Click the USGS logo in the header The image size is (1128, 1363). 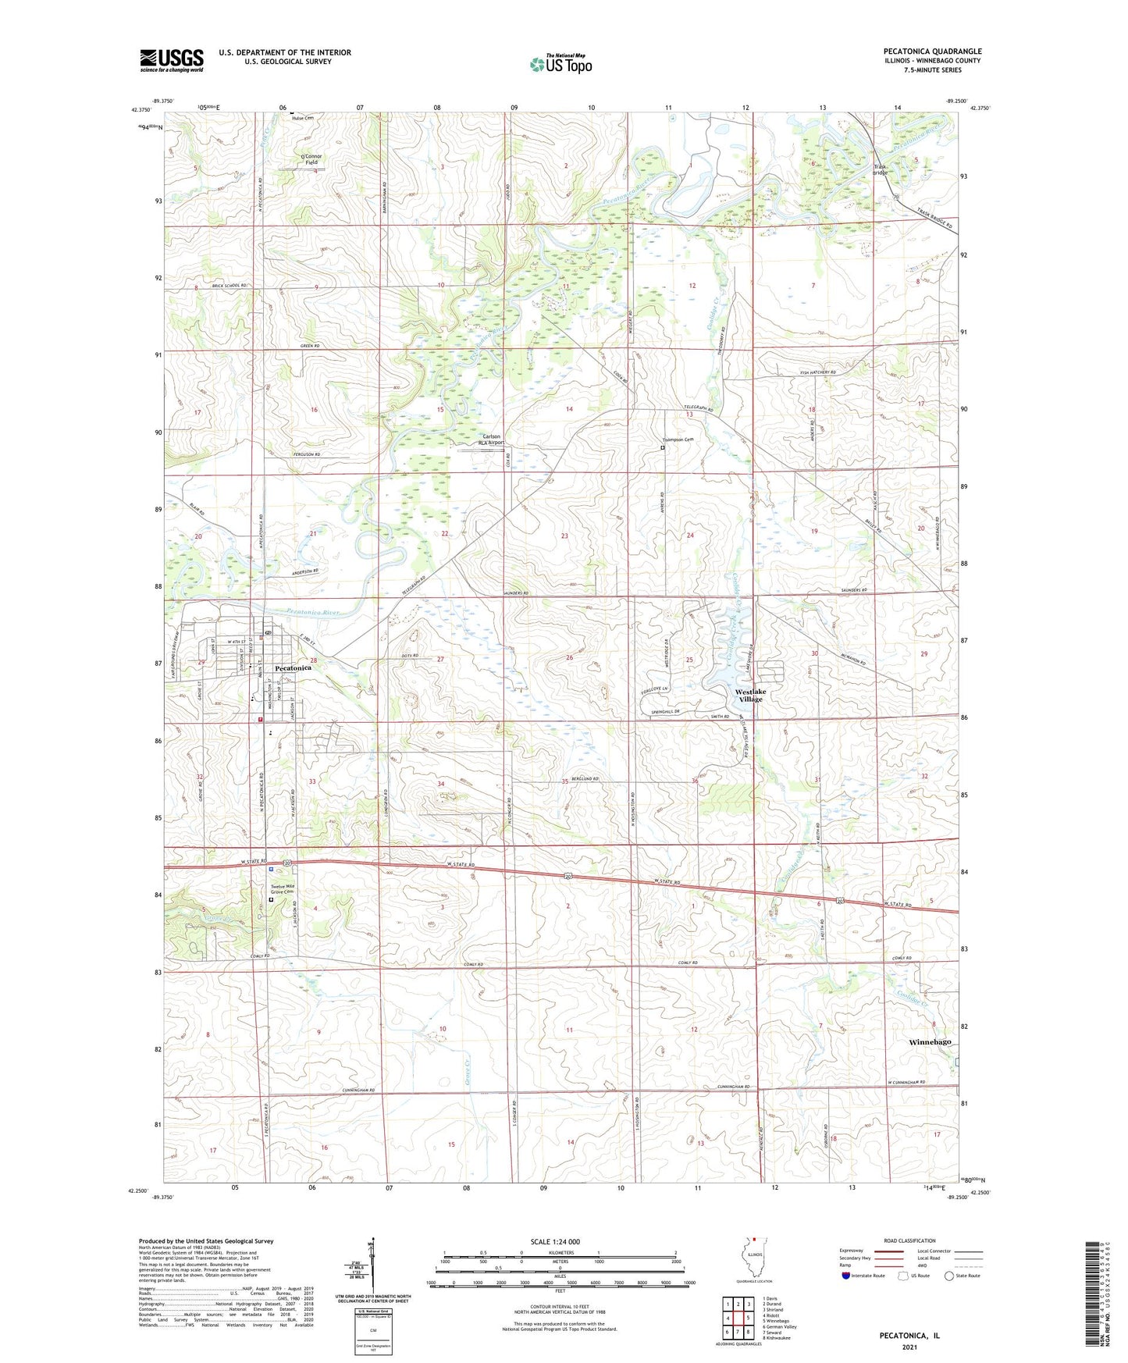[x=172, y=60]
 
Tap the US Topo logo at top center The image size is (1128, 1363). [x=560, y=64]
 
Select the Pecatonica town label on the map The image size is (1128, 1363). [x=293, y=668]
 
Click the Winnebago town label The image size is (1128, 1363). [x=930, y=1042]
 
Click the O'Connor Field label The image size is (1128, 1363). [x=311, y=159]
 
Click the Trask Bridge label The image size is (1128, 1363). [x=881, y=169]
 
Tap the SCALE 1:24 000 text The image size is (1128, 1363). [x=555, y=1241]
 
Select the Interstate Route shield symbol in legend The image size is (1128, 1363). [x=847, y=1276]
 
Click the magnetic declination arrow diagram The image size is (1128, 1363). [x=372, y=1269]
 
